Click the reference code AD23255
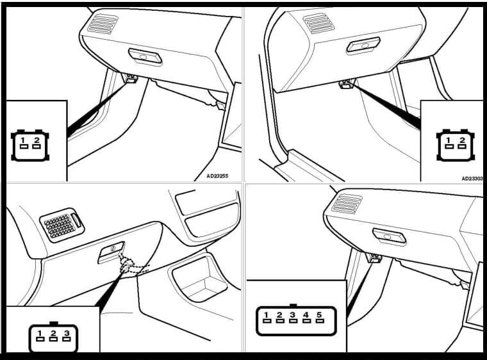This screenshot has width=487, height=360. [217, 176]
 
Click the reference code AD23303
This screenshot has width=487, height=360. [472, 179]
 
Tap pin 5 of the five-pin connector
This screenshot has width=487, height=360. [320, 317]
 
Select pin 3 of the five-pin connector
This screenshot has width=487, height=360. [293, 317]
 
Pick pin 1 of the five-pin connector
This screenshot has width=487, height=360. [267, 317]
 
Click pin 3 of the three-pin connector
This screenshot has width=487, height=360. [67, 336]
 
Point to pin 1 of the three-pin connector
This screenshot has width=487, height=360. [40, 336]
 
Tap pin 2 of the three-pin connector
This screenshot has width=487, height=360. [53, 336]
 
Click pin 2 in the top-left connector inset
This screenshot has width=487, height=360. [37, 143]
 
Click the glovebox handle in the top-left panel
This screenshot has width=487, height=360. [145, 56]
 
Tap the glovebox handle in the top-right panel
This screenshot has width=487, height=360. [363, 45]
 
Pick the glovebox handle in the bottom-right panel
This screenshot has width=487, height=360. [389, 237]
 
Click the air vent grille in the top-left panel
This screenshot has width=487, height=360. [103, 24]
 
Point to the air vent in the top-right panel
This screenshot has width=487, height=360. [318, 23]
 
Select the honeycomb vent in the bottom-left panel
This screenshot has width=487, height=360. [62, 225]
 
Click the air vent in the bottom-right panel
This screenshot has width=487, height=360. [347, 204]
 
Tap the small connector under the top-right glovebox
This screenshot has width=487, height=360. [347, 84]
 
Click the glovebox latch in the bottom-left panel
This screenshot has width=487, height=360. [111, 252]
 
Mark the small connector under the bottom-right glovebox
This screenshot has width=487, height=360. [374, 258]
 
